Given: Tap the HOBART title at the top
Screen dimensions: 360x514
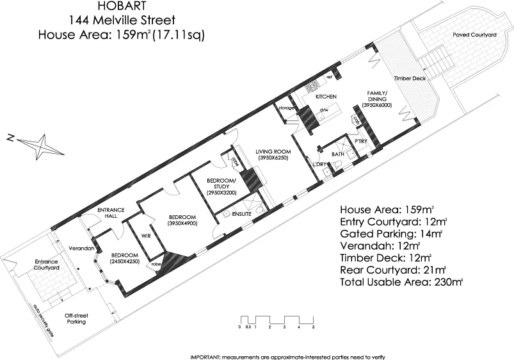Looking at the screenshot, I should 123,6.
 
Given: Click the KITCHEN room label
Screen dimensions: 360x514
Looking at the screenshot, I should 326,96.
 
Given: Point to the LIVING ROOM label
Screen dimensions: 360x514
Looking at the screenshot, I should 274,152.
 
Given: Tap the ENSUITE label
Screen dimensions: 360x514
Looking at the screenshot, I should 242,214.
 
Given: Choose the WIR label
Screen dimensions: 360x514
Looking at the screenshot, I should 145,235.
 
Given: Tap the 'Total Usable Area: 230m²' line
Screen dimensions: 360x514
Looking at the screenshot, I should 401,281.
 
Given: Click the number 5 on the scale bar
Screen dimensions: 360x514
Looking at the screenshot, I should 313,327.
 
